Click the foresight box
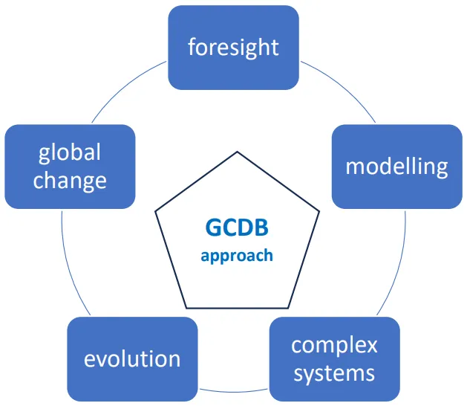pos(233,48)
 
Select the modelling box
pos(396,166)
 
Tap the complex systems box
pos(334,358)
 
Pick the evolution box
pos(132,359)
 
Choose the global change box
pos(70,166)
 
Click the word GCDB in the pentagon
pos(237,228)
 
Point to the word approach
pos(237,255)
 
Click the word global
pos(70,152)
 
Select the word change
pos(70,180)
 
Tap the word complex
pos(334,345)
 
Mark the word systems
pos(334,373)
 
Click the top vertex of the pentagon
pos(237,152)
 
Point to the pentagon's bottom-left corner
pos(186,307)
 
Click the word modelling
pos(396,166)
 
